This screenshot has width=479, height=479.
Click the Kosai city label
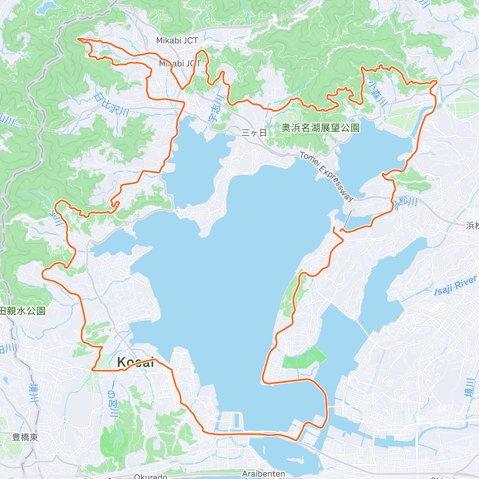tap(135, 362)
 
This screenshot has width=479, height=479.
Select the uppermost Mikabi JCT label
tap(177, 40)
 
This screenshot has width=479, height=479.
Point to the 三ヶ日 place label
tap(254, 133)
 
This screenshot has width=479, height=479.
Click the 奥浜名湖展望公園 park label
tap(320, 128)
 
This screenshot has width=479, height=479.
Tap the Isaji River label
tap(455, 285)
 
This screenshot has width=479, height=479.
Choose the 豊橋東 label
tap(25, 437)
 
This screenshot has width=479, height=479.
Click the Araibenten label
tap(263, 474)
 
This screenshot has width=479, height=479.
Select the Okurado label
tap(150, 476)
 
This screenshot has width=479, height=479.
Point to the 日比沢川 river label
tap(111, 105)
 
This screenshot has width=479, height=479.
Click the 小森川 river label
tap(378, 94)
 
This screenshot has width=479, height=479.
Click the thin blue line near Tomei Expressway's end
tap(348, 219)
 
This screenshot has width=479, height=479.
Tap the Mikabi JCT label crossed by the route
tap(180, 63)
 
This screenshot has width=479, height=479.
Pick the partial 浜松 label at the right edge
tap(472, 226)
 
